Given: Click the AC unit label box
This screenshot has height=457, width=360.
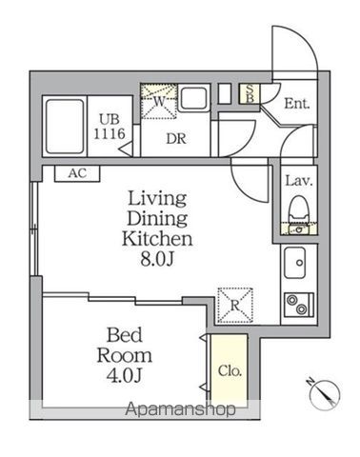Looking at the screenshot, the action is click(77, 173).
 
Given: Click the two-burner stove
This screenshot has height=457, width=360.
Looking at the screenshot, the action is click(299, 305).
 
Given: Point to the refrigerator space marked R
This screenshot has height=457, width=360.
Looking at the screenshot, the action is click(235, 305).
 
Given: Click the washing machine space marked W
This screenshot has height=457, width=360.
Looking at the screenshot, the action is click(159, 102).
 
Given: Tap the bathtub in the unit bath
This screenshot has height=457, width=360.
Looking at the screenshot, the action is click(65, 127).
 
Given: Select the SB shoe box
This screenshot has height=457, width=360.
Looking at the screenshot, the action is click(250, 93).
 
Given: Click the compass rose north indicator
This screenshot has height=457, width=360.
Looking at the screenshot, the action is click(325, 394).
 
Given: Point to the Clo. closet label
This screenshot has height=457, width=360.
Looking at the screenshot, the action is click(230, 370).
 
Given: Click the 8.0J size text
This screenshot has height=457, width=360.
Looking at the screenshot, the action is click(157, 259).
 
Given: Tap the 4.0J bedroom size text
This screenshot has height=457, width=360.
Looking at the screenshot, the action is click(124, 375).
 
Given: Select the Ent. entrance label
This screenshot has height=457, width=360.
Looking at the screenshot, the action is click(296, 104).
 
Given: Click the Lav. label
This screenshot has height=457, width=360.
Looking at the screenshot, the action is click(299, 181).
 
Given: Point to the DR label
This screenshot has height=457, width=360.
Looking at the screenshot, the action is click(176, 139).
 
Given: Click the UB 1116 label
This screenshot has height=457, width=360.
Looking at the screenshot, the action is click(110, 127).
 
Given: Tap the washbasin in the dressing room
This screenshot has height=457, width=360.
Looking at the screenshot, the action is click(193, 97).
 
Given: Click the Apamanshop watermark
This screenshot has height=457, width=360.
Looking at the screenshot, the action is click(180, 409).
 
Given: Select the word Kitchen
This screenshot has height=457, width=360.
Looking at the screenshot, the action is click(157, 239).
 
